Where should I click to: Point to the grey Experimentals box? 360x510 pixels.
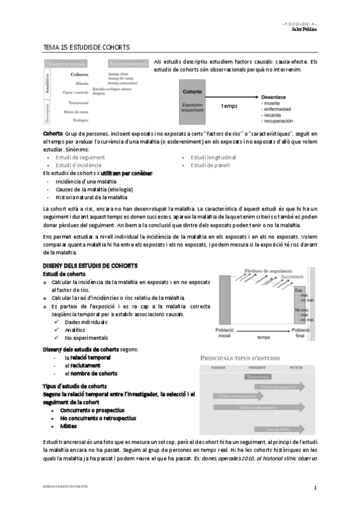point(128,63)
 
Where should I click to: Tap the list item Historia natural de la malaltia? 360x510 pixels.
point(91,197)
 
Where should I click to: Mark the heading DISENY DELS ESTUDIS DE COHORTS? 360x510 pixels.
point(90,265)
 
